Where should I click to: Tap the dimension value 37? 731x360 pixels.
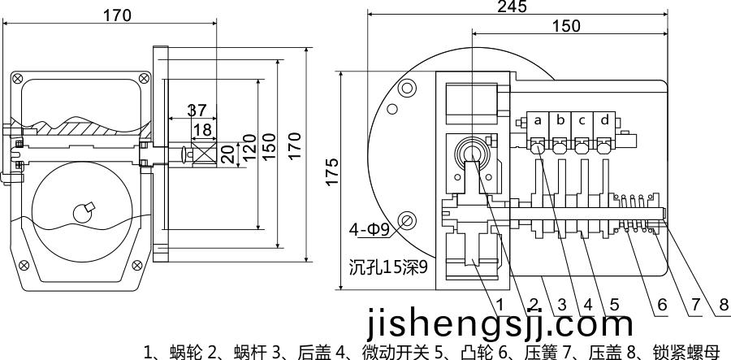[197, 111]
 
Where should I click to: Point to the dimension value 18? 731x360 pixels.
[201, 129]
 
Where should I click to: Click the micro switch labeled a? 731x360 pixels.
[538, 120]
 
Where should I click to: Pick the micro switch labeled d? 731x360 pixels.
[605, 120]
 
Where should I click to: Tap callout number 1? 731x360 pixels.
[501, 305]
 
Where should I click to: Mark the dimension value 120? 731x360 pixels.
[251, 154]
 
